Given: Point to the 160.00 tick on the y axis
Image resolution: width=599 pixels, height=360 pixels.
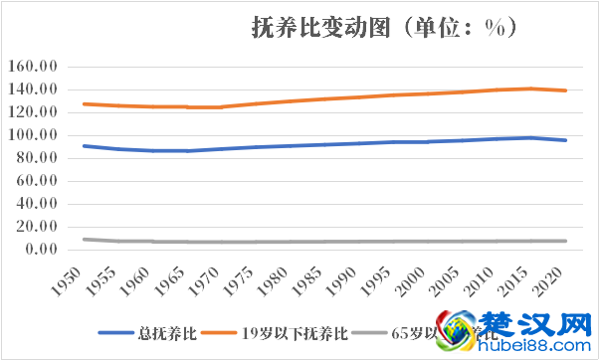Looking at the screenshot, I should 32,67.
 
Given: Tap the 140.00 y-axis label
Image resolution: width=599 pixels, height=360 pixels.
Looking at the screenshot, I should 32,90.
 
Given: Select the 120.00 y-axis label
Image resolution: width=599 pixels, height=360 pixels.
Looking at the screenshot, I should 32,112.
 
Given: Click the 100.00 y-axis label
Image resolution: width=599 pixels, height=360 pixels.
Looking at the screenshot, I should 32,135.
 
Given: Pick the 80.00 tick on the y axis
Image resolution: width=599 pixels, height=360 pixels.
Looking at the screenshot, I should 36,158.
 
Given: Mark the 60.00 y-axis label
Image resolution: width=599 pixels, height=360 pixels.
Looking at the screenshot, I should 36,181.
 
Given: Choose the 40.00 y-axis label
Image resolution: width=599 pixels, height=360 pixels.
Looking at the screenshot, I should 36,204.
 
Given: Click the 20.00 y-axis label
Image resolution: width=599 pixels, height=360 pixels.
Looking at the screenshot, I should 36,227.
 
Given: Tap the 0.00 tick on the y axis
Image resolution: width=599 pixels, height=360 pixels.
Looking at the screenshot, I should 40,250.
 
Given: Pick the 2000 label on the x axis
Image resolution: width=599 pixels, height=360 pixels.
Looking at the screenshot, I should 412,280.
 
